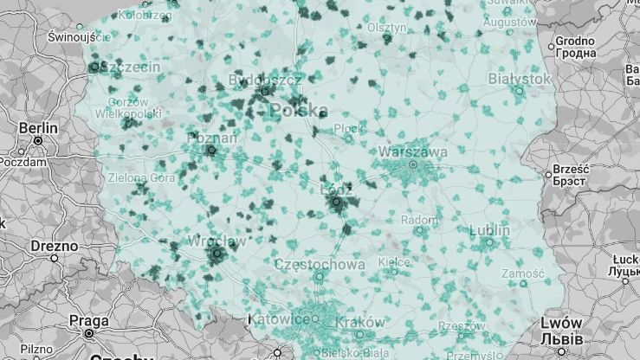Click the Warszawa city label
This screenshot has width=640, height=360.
pyautogui.click(x=413, y=151)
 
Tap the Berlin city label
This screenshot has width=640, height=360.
pyautogui.click(x=38, y=128)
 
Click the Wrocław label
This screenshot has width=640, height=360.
pyautogui.click(x=217, y=241)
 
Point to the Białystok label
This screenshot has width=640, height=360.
pyautogui.click(x=520, y=78)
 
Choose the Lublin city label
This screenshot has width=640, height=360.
pyautogui.click(x=490, y=230)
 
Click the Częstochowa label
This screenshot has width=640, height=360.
pyautogui.click(x=319, y=263)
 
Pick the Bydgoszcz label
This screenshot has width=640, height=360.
pyautogui.click(x=265, y=80)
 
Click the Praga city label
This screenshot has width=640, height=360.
pyautogui.click(x=89, y=319)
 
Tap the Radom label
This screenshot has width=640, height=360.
pyautogui.click(x=420, y=220)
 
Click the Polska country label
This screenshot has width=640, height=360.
pyautogui.click(x=299, y=110)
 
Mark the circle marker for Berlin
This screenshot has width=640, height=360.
pyautogui.click(x=38, y=140)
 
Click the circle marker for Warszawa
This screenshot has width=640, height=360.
pyautogui.click(x=413, y=164)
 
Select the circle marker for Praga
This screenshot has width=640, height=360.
pyautogui.click(x=89, y=331)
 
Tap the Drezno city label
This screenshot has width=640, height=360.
pyautogui.click(x=54, y=246)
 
